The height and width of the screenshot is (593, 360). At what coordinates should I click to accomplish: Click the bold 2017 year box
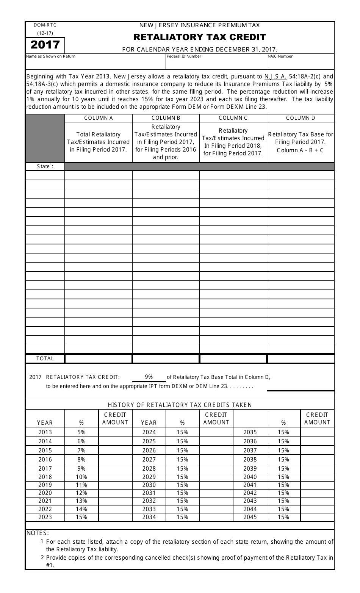(45, 45)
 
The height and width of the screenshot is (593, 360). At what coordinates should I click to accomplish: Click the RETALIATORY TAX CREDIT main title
(200, 37)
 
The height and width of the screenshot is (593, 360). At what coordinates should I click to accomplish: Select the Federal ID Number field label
(184, 56)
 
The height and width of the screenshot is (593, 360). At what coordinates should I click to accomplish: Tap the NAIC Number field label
(280, 56)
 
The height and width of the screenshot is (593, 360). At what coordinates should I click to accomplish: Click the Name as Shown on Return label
(51, 56)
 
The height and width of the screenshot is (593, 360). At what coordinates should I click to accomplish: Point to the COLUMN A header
(99, 118)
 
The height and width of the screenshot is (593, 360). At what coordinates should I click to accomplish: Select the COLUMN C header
(233, 118)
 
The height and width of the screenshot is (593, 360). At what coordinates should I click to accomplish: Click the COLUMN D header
(301, 118)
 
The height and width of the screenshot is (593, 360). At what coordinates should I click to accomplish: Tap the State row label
(45, 166)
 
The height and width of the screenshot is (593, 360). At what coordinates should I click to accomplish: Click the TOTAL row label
(45, 358)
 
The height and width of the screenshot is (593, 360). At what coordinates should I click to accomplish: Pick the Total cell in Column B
(166, 358)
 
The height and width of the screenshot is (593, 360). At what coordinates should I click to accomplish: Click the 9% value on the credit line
(149, 377)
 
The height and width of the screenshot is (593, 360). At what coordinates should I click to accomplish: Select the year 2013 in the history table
(45, 432)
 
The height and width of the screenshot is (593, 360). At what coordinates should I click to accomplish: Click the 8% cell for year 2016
(81, 460)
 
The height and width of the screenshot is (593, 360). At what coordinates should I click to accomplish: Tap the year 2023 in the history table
(45, 517)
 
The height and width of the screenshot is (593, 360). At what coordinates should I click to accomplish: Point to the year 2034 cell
(149, 517)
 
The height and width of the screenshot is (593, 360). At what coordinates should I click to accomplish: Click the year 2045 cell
(250, 517)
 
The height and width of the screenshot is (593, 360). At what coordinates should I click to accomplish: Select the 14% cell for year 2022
(81, 509)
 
